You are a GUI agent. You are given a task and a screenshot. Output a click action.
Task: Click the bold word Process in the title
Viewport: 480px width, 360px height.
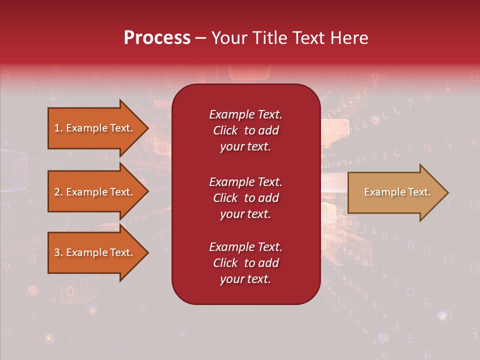(x=157, y=38)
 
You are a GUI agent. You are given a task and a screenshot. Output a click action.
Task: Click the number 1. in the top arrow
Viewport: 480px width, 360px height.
(x=58, y=128)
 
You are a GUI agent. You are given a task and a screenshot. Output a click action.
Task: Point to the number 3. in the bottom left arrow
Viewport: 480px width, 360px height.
(x=58, y=252)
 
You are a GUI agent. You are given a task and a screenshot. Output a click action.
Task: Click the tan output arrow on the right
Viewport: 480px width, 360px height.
(x=395, y=192)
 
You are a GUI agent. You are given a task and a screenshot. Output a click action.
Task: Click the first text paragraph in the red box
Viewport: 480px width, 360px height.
(x=245, y=130)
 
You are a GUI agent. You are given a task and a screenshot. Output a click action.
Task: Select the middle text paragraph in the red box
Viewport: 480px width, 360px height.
(x=245, y=198)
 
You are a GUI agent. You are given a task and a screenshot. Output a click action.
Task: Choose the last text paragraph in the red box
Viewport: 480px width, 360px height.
(x=245, y=263)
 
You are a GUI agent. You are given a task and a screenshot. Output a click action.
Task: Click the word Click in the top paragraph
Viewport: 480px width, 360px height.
(x=225, y=130)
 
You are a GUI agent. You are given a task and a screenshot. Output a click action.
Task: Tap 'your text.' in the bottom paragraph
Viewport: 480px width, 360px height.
(x=245, y=279)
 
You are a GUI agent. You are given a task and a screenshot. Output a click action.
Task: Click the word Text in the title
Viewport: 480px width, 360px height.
(x=307, y=38)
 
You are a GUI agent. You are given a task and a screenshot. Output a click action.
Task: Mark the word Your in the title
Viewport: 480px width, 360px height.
(x=229, y=38)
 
